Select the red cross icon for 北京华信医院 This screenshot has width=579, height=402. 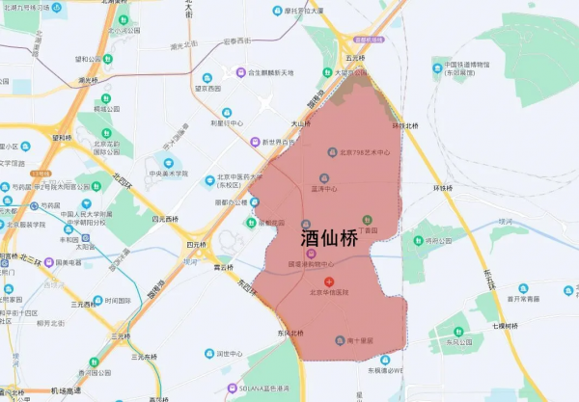point(328,280)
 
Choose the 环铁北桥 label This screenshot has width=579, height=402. point(405,126)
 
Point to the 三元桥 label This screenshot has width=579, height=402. point(121,336)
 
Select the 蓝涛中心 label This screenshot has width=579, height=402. point(329,188)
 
